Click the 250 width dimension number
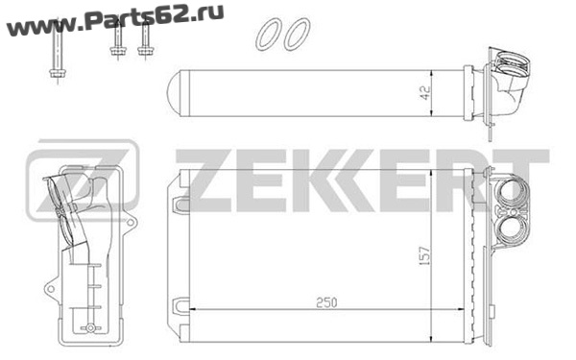[x=326, y=302]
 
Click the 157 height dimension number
[x=424, y=255]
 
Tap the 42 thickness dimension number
[x=424, y=93]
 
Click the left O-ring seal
[x=267, y=35]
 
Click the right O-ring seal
[x=297, y=35]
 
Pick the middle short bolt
[x=117, y=40]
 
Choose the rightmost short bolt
[x=146, y=39]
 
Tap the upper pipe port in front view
[x=513, y=194]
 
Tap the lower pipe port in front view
[x=514, y=229]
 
